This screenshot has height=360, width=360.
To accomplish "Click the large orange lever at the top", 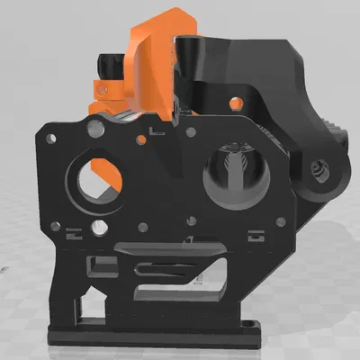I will (153, 54).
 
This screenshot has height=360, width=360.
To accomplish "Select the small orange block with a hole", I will (106, 90).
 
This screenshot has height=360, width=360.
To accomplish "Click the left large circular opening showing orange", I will (101, 176).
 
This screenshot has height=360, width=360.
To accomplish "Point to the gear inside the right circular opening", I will (238, 171).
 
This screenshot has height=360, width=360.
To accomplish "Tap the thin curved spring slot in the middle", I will (166, 265).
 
